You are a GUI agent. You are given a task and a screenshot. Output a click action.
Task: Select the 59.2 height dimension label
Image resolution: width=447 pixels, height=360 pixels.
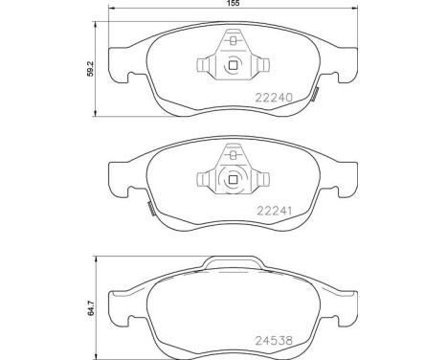(92, 69)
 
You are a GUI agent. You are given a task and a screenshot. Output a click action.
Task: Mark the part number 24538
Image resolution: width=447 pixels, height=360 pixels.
(274, 337)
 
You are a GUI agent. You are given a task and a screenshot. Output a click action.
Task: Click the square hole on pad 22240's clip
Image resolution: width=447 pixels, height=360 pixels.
(234, 66)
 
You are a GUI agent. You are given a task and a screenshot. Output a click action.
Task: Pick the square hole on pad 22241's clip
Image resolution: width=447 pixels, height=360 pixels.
(234, 178)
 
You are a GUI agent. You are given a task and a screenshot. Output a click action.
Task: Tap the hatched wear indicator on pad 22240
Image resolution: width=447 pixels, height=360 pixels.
(316, 93)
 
